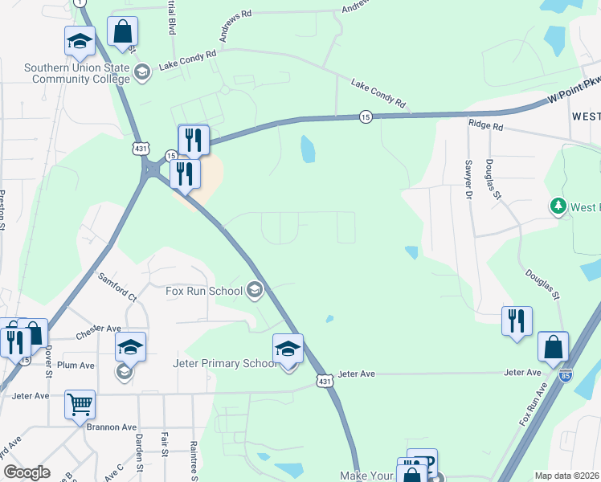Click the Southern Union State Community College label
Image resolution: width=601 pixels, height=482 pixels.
76,73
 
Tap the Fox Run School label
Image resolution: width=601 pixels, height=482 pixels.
204,290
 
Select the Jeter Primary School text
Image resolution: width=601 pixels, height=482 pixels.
226,363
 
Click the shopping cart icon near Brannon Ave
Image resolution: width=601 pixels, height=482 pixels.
80,405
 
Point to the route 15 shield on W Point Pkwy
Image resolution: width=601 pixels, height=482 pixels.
366,116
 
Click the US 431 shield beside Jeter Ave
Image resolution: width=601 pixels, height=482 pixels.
322,379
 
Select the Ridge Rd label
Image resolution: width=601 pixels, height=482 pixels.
485,126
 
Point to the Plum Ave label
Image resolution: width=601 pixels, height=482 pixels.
76,365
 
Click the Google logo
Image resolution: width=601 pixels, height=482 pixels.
27,472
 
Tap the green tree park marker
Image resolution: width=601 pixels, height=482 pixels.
558,207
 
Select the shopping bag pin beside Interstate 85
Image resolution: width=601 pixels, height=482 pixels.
553,347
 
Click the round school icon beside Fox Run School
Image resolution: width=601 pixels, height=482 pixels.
255,290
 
